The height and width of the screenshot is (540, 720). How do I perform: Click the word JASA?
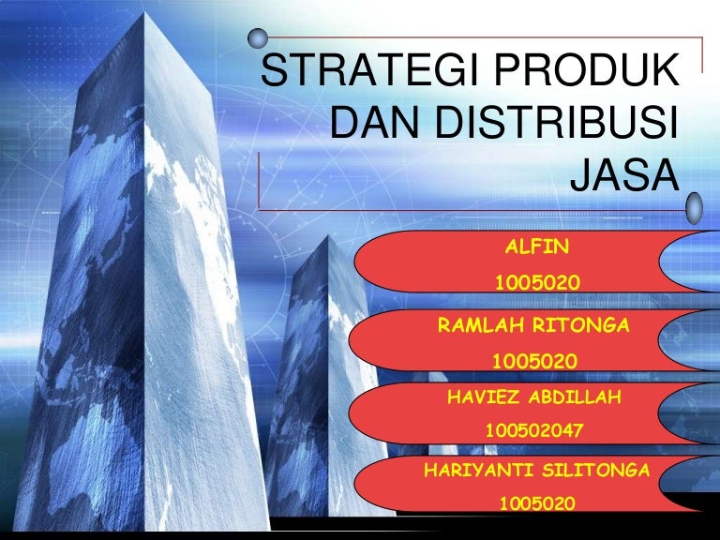[x=624, y=174]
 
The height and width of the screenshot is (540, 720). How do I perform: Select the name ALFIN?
[x=537, y=247]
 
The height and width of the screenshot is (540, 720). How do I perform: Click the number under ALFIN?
[x=537, y=282]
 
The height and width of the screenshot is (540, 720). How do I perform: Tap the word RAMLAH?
[x=480, y=325]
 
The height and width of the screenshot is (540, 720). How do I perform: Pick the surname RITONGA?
[x=581, y=325]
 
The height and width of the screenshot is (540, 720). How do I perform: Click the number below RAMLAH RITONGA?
[x=535, y=361]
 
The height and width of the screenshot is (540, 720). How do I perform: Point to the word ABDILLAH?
[x=575, y=397]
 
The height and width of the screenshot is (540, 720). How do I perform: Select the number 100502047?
[x=534, y=430]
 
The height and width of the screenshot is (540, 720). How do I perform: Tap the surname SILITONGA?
[x=596, y=471]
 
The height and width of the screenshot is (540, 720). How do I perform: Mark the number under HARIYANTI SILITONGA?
[x=537, y=503]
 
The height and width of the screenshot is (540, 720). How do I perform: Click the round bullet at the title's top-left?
[x=258, y=38]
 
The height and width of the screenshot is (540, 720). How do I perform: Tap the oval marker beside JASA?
[x=694, y=208]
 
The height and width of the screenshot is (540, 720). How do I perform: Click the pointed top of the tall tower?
[x=144, y=13]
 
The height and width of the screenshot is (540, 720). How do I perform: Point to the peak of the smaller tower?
[x=327, y=236]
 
